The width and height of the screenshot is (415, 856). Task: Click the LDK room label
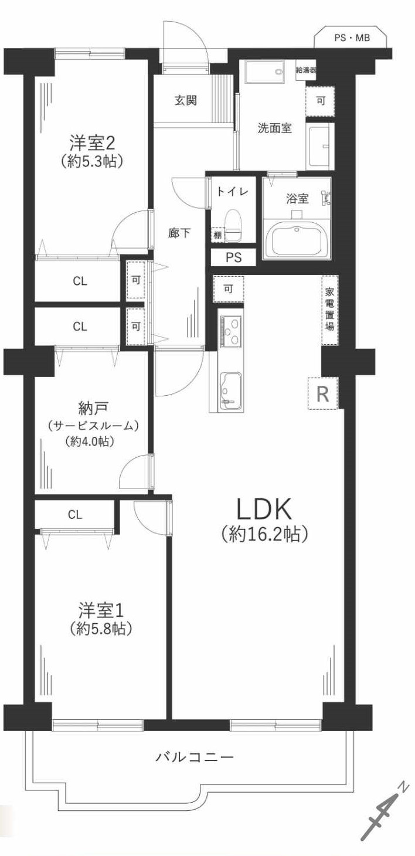264,510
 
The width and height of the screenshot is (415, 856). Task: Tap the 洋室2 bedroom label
93,142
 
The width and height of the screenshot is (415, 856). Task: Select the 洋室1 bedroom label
101,610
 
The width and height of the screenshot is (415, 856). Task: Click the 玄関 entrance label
185,100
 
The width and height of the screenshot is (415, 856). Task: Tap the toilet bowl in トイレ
233,222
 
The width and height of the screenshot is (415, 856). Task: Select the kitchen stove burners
230,331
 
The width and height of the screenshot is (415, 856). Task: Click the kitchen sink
230,389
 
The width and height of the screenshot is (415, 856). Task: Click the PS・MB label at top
352,38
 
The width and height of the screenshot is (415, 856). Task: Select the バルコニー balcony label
195,757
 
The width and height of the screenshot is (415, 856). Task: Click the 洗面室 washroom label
274,128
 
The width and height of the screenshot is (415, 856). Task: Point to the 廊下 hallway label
179,233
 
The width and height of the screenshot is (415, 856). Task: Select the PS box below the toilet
233,257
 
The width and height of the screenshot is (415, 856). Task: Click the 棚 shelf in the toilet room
217,235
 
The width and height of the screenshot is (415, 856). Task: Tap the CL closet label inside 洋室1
74,515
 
